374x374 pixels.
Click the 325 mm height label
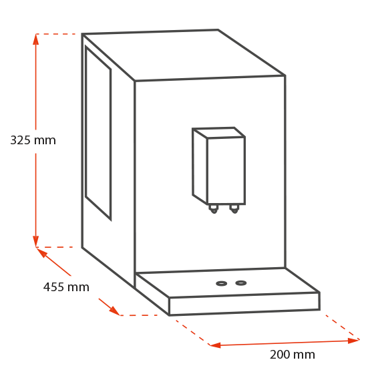[33, 140]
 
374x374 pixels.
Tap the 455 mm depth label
[66, 287]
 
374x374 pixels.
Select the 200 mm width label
[293, 355]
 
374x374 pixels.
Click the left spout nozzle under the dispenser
[214, 209]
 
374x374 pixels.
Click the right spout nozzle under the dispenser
[234, 209]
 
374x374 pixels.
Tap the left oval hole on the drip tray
[221, 283]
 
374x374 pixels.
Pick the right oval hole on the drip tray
[241, 283]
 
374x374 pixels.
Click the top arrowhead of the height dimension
[36, 39]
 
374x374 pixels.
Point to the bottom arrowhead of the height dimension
[36, 241]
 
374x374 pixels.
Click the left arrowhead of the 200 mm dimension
[215, 345]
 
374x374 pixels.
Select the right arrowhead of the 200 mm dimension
[353, 341]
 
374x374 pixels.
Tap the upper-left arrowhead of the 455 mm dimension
[41, 252]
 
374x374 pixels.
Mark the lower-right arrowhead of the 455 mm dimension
[114, 310]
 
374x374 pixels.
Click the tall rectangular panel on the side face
[98, 133]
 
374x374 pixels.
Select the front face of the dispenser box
[226, 171]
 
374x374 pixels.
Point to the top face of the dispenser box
[219, 133]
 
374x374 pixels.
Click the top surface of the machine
[184, 55]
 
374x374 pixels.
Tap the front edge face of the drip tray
[244, 304]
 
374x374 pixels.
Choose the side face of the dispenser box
[200, 166]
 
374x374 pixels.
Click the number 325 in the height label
[21, 140]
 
